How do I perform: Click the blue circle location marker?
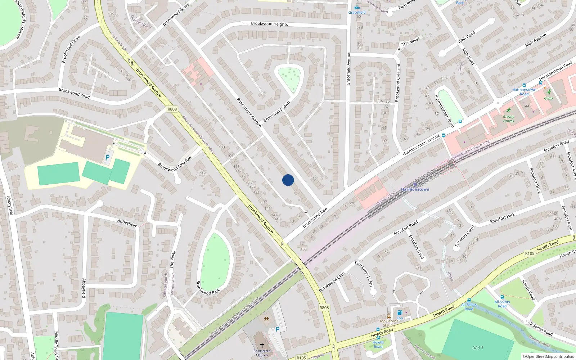click(288, 180)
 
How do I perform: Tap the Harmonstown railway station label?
click(415, 189)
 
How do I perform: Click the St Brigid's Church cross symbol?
click(262, 345)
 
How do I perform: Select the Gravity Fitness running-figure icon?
click(509, 111)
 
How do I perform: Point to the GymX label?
click(549, 98)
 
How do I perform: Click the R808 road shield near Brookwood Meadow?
click(172, 109)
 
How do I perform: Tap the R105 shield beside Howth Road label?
click(530, 253)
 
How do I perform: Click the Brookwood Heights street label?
click(269, 24)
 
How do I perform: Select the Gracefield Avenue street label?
click(348, 68)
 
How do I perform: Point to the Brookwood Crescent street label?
click(398, 83)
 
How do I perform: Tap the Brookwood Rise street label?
click(315, 218)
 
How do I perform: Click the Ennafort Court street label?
click(465, 236)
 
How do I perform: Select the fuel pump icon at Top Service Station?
click(400, 312)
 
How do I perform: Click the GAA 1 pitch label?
click(478, 347)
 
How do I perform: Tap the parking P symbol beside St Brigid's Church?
click(277, 329)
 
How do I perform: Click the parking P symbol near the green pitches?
click(107, 157)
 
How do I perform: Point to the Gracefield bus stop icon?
click(357, 8)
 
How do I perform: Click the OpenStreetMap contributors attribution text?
click(548, 356)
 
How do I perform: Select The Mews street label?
click(410, 42)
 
